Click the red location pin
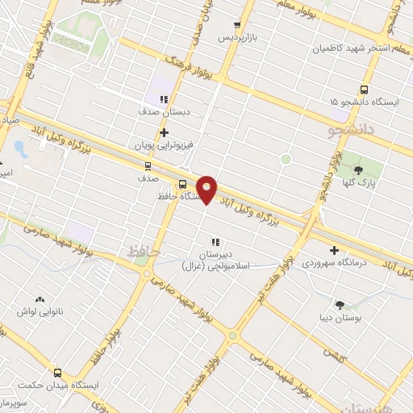click(x=207, y=189)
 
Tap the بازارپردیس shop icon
click(x=236, y=25)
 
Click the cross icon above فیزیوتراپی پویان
click(x=164, y=132)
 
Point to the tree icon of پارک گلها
click(x=359, y=169)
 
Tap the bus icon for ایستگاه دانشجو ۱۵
click(x=364, y=90)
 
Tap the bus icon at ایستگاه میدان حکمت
click(x=57, y=373)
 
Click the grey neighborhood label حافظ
click(x=140, y=252)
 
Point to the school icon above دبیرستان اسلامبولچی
click(x=215, y=241)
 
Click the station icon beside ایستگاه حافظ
click(x=182, y=183)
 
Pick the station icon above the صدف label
click(x=146, y=165)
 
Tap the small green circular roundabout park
click(x=286, y=160)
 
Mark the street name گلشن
click(x=334, y=352)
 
